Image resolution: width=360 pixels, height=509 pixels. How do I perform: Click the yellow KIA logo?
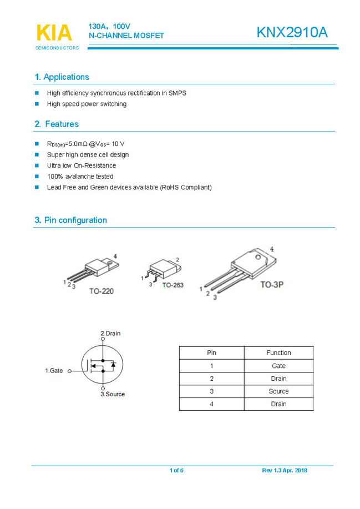point(54,33)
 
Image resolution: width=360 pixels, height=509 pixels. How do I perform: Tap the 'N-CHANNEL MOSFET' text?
point(126,36)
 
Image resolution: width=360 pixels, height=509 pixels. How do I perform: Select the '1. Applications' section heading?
point(62,77)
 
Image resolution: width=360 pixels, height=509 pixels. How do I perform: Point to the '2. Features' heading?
point(57,124)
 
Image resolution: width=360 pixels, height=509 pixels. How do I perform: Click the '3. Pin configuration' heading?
point(70,220)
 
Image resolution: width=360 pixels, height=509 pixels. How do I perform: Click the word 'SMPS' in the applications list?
point(178,93)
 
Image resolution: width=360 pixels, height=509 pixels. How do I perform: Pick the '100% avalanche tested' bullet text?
point(80,177)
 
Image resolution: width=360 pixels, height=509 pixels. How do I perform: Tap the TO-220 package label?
point(101,291)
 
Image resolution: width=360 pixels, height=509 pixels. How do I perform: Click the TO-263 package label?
point(173,285)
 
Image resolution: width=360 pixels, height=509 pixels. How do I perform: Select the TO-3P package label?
point(272,285)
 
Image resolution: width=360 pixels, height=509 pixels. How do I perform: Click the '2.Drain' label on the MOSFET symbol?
point(110,334)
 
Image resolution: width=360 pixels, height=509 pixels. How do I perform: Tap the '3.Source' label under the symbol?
point(113,394)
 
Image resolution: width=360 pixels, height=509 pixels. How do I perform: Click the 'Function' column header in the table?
point(278,352)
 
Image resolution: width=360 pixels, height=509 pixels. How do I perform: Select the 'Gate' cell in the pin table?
point(278,366)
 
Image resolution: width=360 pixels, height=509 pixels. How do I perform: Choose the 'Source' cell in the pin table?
point(278,391)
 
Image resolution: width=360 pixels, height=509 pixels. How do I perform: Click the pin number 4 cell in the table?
point(211,404)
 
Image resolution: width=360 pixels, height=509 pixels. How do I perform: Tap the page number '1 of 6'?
point(176,471)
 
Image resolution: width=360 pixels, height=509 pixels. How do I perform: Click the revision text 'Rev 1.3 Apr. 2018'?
point(285,471)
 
